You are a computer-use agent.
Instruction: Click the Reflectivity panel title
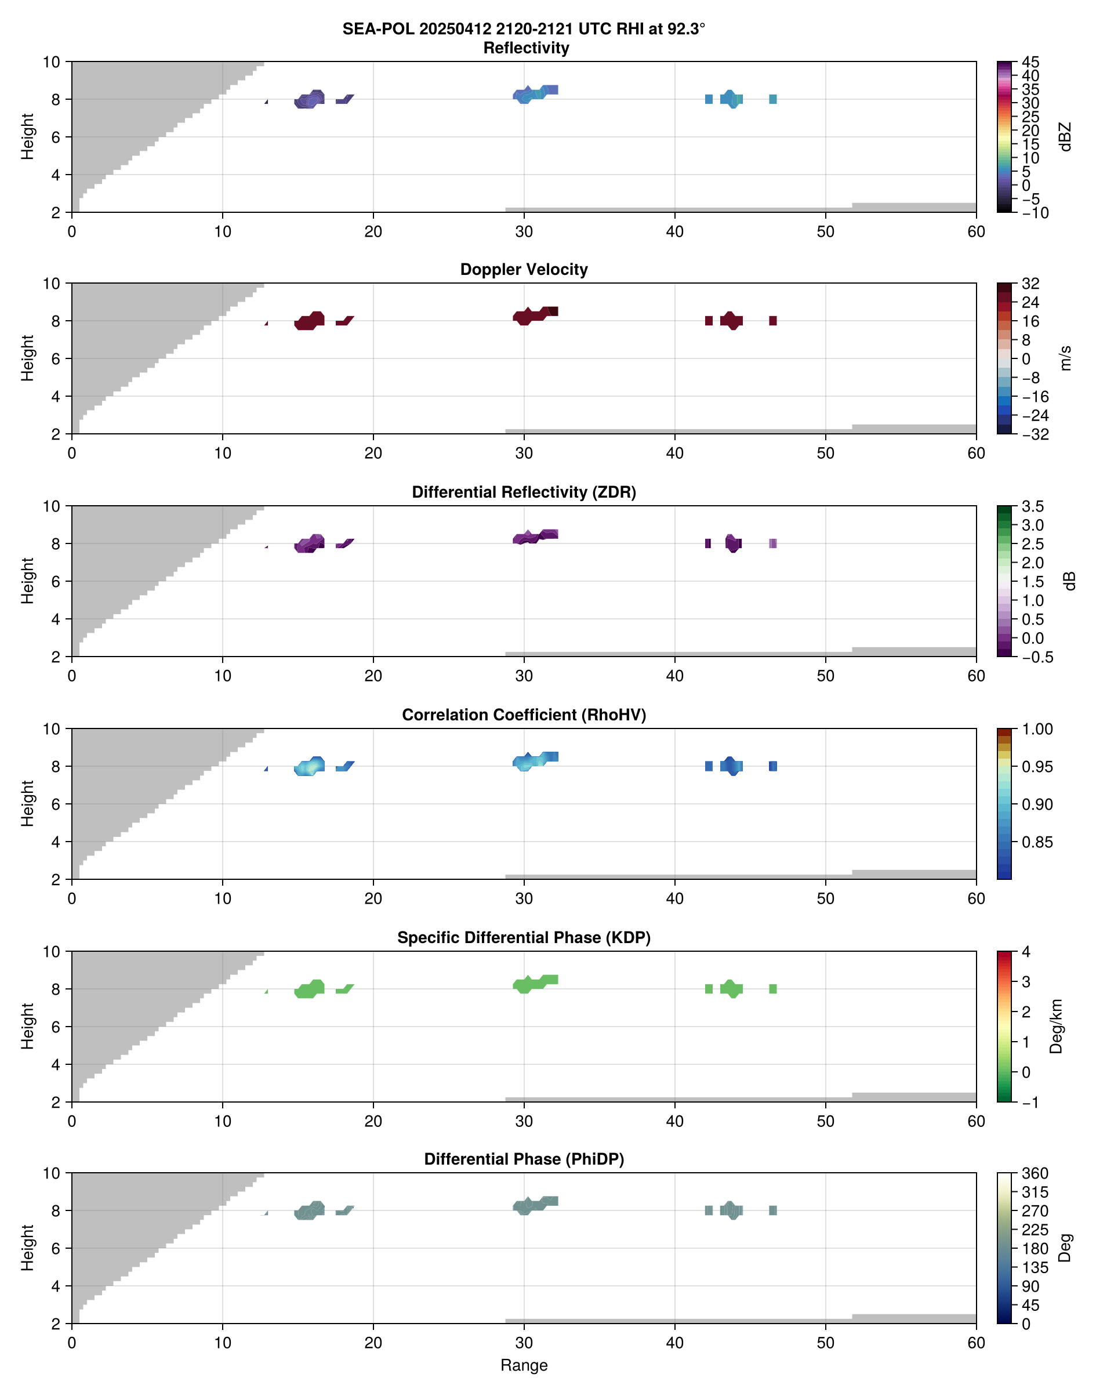[525, 48]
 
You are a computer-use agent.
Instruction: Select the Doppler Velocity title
[524, 270]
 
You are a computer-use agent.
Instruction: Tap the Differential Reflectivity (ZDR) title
[524, 492]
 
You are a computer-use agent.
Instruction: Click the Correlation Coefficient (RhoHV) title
[524, 715]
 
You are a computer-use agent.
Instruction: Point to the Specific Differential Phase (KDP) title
[524, 938]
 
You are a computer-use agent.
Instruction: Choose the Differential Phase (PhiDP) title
[524, 1159]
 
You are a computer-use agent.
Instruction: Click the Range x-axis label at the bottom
[524, 1365]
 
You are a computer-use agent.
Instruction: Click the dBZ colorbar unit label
[1065, 137]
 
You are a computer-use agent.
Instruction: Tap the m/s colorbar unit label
[1065, 358]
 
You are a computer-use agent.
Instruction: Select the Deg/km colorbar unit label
[1056, 1027]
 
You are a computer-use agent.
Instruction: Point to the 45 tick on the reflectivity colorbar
[1030, 62]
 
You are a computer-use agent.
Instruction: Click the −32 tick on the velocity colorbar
[1035, 434]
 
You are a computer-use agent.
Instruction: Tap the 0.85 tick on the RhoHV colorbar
[1036, 842]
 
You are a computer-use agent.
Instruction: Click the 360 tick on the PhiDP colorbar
[1035, 1174]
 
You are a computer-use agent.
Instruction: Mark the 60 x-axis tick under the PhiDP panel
[975, 1343]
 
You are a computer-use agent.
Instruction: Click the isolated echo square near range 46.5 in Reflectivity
[772, 99]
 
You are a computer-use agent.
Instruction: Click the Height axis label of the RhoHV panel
[27, 803]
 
